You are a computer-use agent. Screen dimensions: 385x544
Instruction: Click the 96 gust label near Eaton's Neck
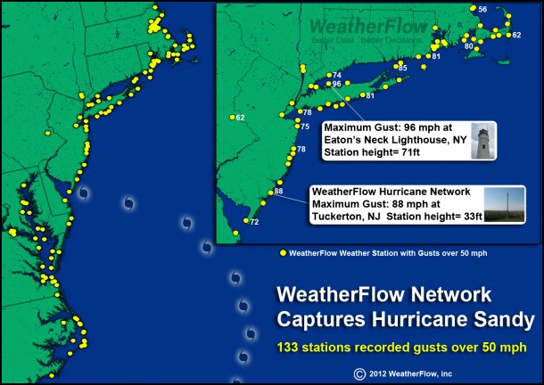coord(336,84)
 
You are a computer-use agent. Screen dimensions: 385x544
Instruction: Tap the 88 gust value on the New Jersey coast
coord(278,191)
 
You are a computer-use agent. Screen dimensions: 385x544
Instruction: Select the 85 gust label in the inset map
coord(402,68)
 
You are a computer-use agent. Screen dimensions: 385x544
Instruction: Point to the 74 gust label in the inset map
coord(336,75)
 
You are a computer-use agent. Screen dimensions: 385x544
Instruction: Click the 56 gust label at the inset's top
coord(482,9)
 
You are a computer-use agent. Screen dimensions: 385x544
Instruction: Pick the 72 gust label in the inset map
coord(254,222)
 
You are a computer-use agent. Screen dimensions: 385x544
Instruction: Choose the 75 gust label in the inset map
coord(304,127)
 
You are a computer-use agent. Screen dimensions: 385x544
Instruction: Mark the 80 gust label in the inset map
coord(469,45)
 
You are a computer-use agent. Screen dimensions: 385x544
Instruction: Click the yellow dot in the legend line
coord(283,253)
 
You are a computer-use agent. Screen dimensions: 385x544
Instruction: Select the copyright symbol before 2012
coord(359,373)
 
